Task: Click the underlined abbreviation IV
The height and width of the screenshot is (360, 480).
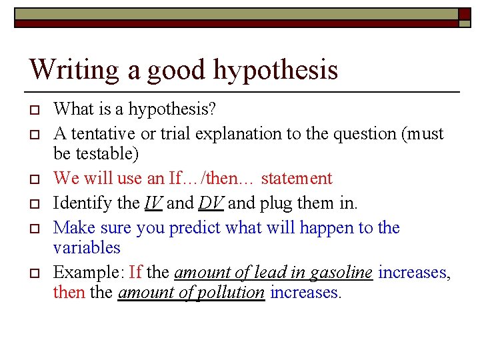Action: pyautogui.click(x=153, y=203)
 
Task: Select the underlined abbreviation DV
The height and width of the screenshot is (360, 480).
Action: pyautogui.click(x=209, y=203)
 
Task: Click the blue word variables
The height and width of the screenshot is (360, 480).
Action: pyautogui.click(x=87, y=248)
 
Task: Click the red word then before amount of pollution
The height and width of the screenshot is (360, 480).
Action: pyautogui.click(x=68, y=292)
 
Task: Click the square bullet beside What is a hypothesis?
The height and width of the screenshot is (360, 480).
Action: pyautogui.click(x=37, y=109)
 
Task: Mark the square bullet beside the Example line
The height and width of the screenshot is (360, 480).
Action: pyautogui.click(x=37, y=273)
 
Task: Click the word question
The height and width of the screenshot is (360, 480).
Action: pyautogui.click(x=365, y=133)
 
